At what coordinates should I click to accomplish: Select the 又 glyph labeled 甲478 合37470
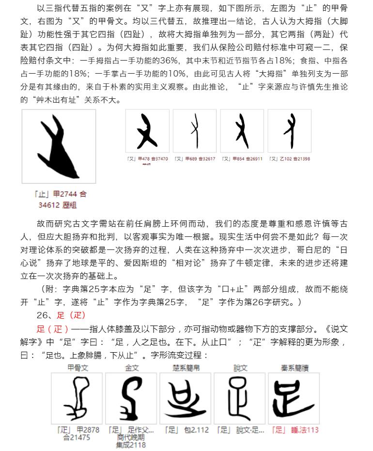point(147,131)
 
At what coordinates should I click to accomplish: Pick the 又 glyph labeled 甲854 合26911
point(242,131)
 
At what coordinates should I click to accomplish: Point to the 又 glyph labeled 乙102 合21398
point(289,131)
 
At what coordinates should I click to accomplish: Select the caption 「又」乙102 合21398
point(289,159)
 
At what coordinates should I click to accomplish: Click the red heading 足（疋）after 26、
point(71,315)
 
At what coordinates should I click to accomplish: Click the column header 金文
point(132,368)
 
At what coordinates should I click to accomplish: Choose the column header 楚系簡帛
point(186,368)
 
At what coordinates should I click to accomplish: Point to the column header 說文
point(240,368)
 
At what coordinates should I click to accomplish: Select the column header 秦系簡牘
point(295,368)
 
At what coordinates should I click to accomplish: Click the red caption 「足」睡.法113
point(295,430)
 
